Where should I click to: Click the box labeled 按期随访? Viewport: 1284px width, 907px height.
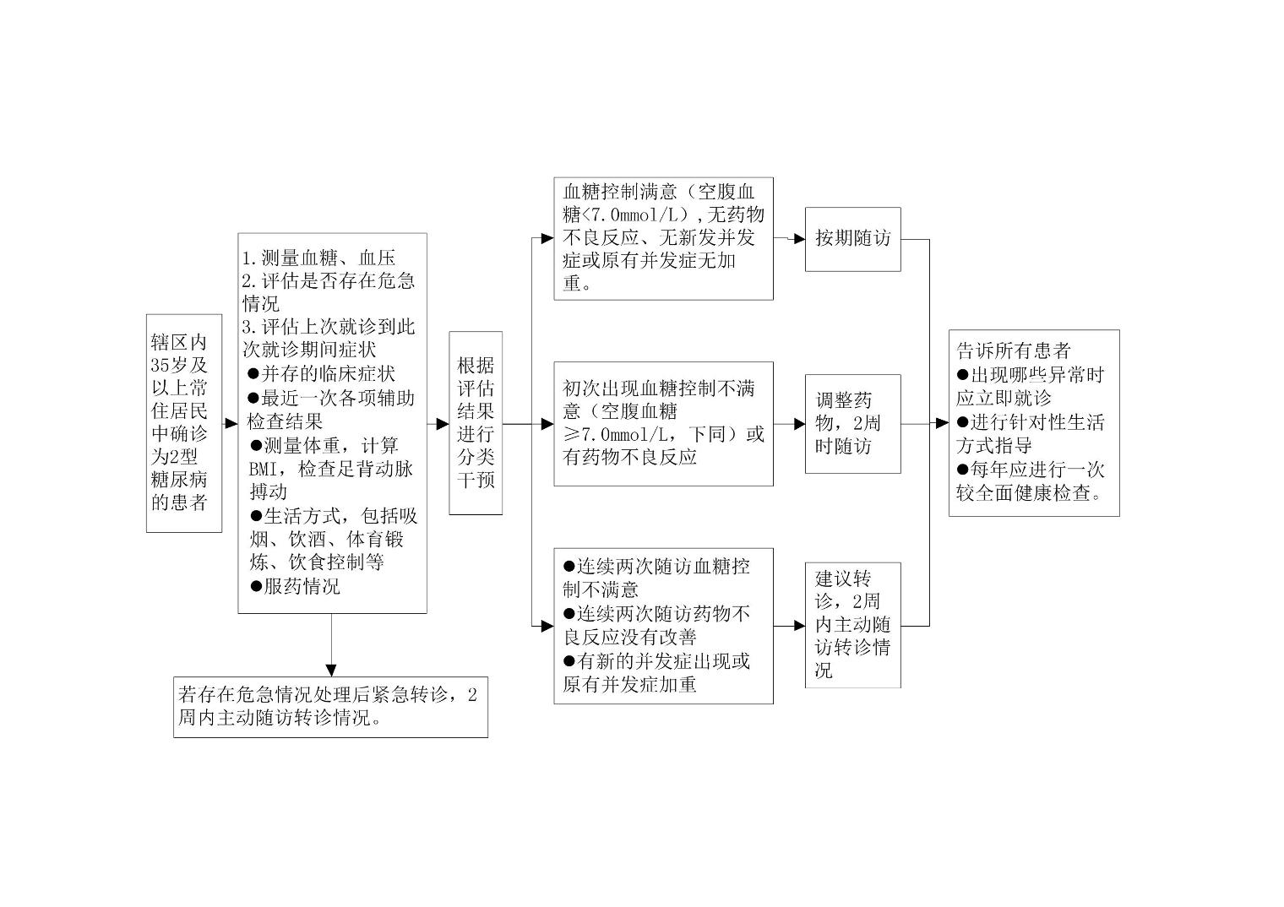853,240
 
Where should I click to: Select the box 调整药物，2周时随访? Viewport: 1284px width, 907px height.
853,424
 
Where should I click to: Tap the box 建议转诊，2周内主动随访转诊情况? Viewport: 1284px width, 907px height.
853,625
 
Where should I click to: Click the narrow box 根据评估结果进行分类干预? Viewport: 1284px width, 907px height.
476,423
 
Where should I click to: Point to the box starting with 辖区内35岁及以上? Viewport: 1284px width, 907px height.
184,423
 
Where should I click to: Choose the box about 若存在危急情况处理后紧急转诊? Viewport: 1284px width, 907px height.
331,707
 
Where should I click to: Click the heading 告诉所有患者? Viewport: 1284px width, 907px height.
1014,350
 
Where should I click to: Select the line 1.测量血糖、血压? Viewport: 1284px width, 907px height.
318,258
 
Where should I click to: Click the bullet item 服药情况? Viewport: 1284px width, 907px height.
295,586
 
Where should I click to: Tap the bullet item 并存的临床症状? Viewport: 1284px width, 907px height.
322,373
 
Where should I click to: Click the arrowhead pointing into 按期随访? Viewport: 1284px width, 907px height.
800,239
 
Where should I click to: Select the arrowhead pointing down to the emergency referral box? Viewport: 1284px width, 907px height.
331,671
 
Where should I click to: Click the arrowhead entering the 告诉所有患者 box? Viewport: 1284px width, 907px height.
943,423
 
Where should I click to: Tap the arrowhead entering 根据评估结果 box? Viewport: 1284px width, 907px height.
443,424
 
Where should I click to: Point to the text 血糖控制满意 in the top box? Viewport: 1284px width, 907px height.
620,192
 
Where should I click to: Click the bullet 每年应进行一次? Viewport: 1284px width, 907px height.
1031,470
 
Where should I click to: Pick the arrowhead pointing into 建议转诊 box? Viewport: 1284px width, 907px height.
800,626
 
